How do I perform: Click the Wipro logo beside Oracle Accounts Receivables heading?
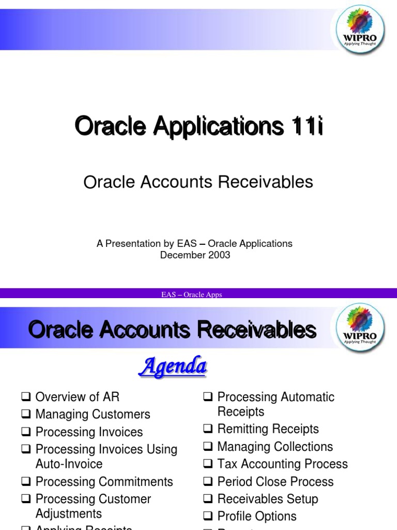click(x=360, y=328)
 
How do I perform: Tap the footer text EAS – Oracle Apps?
click(x=191, y=295)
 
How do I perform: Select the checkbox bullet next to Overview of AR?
click(x=26, y=397)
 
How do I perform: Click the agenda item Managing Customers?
click(x=93, y=415)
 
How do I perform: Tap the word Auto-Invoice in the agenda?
click(x=69, y=464)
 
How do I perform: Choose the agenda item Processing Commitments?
click(x=104, y=482)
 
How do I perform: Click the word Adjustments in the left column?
click(x=69, y=514)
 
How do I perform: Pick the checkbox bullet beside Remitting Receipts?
click(x=208, y=429)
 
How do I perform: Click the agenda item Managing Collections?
click(x=275, y=447)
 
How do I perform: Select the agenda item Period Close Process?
click(x=275, y=482)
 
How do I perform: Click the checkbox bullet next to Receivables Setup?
click(x=208, y=499)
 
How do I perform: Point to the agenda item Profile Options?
click(x=257, y=517)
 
